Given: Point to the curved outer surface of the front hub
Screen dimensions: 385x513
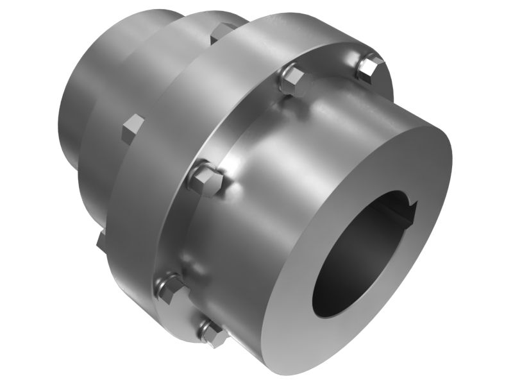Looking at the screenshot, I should pos(301,148).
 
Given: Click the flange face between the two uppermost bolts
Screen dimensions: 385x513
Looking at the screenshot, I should pos(330,64).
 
